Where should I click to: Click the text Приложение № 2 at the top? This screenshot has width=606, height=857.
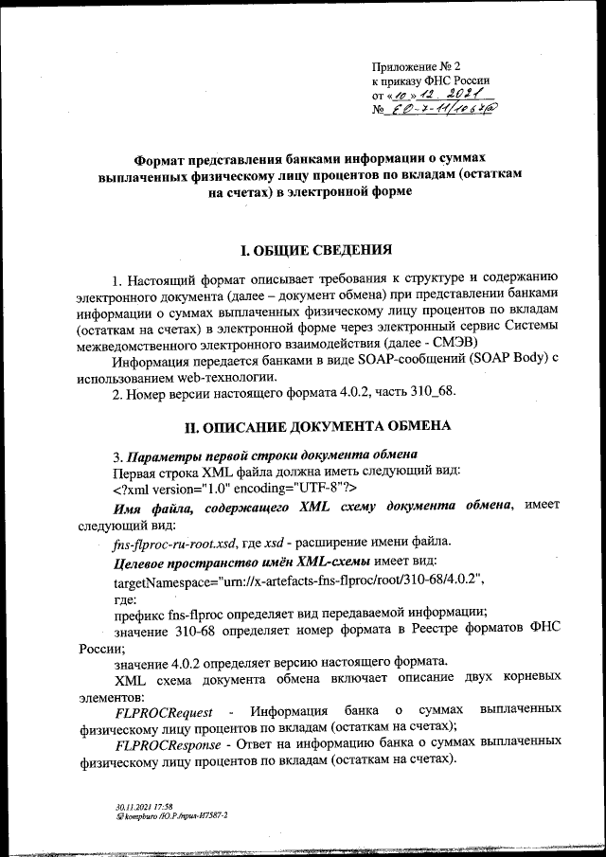[414, 66]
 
